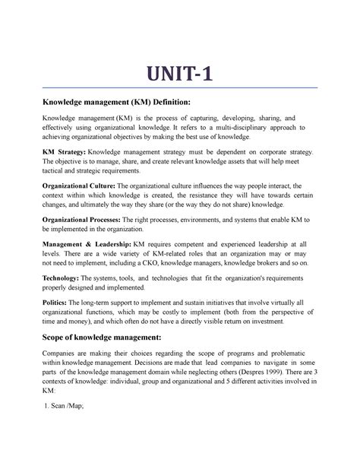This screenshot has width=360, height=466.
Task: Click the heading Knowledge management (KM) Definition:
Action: click(x=123, y=101)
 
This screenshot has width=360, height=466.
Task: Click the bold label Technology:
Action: click(x=65, y=278)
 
